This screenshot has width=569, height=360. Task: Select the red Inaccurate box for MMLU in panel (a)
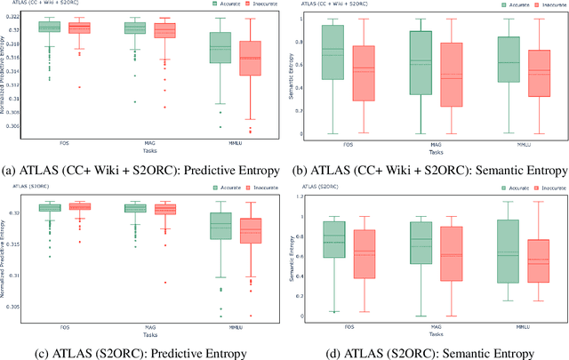pos(251,58)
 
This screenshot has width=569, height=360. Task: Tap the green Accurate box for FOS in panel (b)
pos(332,52)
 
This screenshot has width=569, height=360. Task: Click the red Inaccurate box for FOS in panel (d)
pos(364,254)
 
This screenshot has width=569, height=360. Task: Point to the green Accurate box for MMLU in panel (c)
pos(219,227)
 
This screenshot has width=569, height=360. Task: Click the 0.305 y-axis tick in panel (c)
pos(25,307)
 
